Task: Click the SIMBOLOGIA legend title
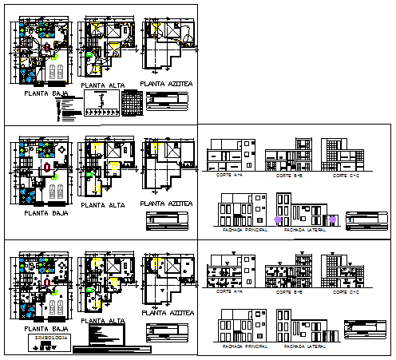point(49,338)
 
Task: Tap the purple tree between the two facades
point(278,219)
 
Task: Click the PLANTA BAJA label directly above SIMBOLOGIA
point(46,328)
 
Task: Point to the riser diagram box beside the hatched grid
point(100,102)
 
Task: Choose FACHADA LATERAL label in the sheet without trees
point(302,347)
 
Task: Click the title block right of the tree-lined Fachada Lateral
point(364,220)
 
